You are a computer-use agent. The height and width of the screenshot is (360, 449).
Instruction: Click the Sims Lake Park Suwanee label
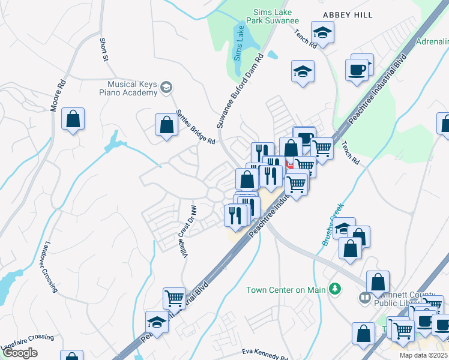coord(273,16)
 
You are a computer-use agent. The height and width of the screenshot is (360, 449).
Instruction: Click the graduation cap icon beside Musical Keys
coord(166,89)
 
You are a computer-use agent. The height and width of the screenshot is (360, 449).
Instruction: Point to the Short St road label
coord(104,50)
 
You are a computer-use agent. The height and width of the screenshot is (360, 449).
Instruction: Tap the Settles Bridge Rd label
coord(196,127)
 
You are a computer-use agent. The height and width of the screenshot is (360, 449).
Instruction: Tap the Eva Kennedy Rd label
coord(265,354)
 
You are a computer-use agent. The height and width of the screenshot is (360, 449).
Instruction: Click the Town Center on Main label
coord(286,290)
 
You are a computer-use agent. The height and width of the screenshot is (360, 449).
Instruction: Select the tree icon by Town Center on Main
coord(336,290)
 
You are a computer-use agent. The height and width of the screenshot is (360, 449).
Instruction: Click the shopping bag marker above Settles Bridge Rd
coord(166,125)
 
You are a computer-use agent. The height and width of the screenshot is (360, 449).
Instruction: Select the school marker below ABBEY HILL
coord(322,32)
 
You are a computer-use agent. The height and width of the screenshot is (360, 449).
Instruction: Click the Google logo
coord(20,353)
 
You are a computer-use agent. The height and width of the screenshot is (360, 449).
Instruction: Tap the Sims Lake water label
coord(237,43)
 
